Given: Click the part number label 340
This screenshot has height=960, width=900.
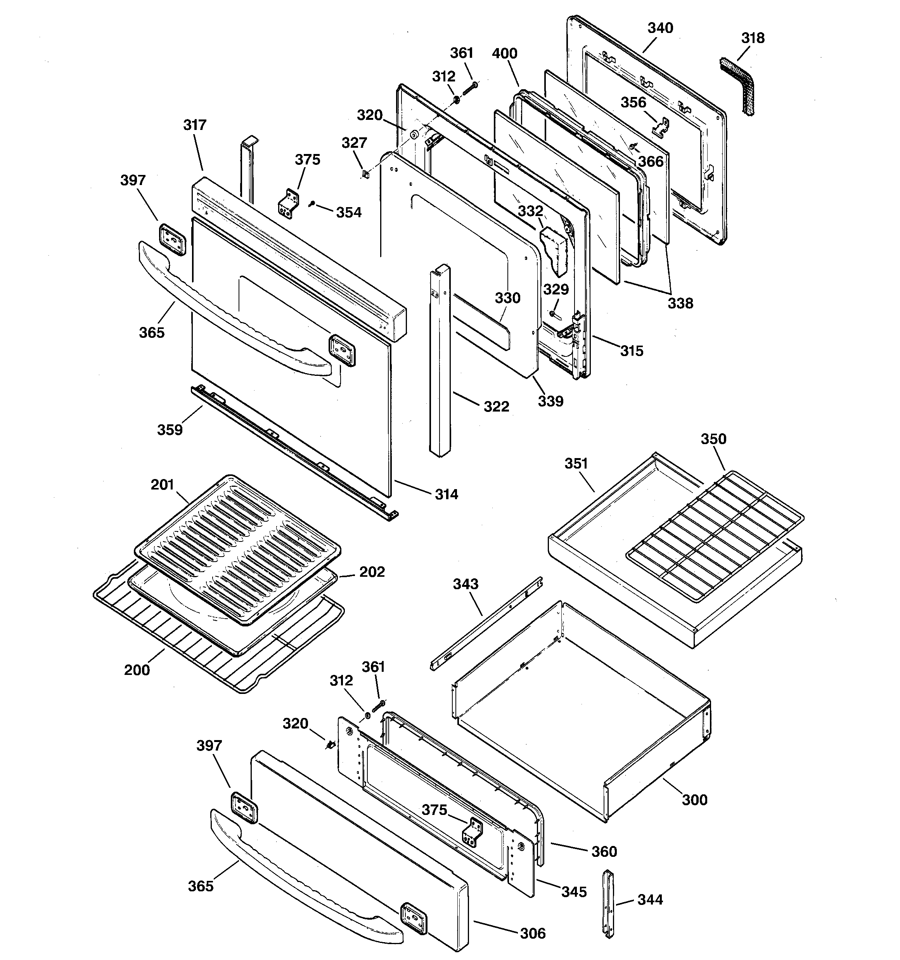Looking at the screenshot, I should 660,28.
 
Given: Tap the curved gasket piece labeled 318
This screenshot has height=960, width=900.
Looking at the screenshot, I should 736,87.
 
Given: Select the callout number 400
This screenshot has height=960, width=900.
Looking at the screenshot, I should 504,53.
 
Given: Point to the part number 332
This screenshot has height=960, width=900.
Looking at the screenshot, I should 530,211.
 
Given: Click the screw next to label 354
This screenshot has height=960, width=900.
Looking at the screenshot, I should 312,205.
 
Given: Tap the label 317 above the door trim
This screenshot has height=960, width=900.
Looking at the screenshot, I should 195,125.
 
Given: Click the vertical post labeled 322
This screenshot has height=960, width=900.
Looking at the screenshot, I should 440,362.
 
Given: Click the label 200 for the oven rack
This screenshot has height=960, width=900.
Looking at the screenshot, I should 137,670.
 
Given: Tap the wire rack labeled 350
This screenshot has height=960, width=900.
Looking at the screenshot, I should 715,536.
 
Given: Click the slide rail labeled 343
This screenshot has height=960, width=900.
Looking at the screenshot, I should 486,623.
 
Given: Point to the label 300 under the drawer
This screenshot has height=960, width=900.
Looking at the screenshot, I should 694,800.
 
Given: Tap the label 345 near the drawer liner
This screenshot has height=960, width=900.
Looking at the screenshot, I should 574,891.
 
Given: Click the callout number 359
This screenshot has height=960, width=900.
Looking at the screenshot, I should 170,429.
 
